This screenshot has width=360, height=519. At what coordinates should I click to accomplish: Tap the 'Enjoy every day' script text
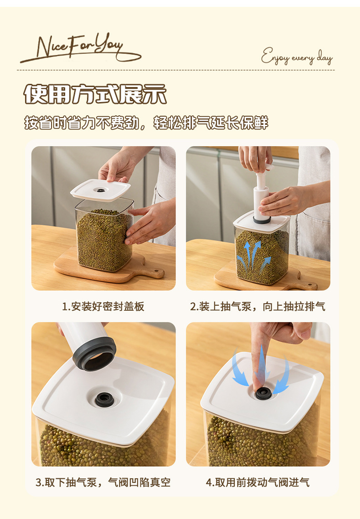point(297,57)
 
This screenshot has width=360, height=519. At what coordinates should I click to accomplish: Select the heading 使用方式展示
point(95,94)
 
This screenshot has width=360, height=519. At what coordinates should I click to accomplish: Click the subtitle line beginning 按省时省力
point(146,123)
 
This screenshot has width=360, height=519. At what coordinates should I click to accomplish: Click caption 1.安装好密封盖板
point(103,307)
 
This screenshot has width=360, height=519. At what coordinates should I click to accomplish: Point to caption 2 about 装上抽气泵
point(258,307)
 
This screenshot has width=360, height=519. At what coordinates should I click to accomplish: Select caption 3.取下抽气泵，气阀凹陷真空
point(103,482)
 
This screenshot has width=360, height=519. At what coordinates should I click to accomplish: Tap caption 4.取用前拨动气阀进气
point(258,482)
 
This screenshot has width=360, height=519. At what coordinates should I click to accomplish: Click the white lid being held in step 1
point(100,190)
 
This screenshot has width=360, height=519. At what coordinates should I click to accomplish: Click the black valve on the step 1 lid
point(100,190)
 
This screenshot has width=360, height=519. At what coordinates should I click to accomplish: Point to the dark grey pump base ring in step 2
point(262,219)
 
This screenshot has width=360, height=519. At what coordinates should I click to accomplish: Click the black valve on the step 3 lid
point(104,400)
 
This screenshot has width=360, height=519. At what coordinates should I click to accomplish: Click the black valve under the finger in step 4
point(263,394)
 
